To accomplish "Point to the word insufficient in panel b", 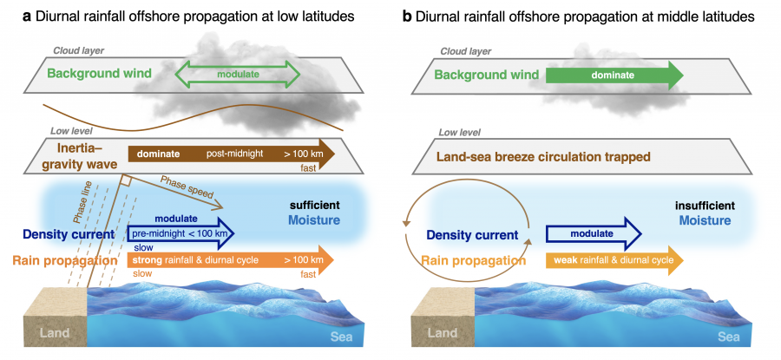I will [x=706, y=206].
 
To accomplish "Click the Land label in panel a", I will [x=45, y=332].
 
